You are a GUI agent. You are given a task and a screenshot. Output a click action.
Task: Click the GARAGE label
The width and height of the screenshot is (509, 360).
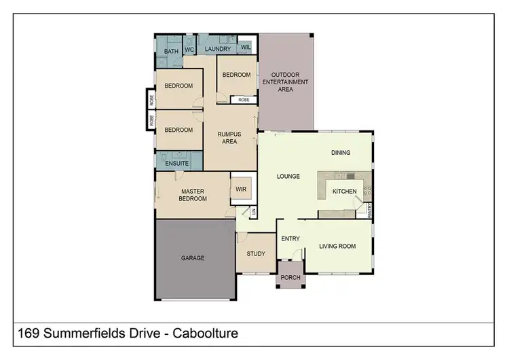pyautogui.click(x=193, y=258)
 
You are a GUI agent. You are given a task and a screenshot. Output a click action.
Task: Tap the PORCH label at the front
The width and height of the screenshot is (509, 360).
pyautogui.click(x=290, y=278)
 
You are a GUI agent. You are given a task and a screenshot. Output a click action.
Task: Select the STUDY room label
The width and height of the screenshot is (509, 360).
pyautogui.click(x=256, y=255)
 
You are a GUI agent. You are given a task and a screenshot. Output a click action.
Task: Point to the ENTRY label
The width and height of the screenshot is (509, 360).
pyautogui.click(x=290, y=238)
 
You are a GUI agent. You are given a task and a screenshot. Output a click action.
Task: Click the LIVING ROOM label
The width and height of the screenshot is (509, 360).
pyautogui.click(x=337, y=246)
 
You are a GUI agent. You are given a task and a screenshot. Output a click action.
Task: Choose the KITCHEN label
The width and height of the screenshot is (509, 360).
pyautogui.click(x=344, y=192)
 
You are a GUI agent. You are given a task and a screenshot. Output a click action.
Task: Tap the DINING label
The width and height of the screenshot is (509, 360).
pyautogui.click(x=341, y=153)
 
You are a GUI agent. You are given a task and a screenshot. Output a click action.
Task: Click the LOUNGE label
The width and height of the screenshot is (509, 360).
pyautogui.click(x=288, y=177)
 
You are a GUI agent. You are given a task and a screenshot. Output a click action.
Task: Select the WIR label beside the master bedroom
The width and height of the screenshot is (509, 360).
pyautogui.click(x=241, y=190)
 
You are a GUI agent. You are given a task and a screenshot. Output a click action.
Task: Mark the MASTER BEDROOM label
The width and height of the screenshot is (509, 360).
pyautogui.click(x=192, y=195)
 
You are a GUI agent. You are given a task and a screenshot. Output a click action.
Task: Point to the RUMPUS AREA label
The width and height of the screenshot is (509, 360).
pyautogui.click(x=229, y=138)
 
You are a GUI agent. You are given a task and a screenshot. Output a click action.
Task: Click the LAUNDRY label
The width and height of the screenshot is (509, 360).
pyautogui.click(x=218, y=50)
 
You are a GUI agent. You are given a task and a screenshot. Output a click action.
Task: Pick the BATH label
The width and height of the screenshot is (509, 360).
pyautogui.click(x=171, y=51)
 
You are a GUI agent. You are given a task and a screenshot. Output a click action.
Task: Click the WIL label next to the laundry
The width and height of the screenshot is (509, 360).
pyautogui.click(x=245, y=48)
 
